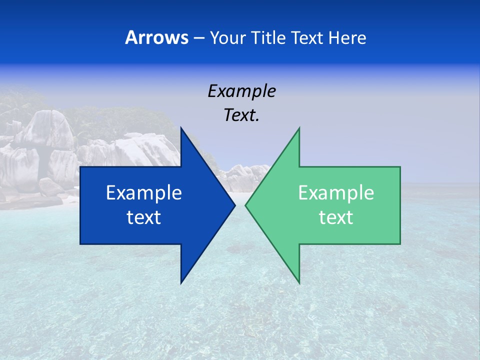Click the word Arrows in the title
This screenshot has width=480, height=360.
pyautogui.click(x=156, y=37)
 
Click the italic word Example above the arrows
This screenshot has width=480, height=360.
pyautogui.click(x=241, y=91)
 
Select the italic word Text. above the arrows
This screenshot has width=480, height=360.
pyautogui.click(x=241, y=115)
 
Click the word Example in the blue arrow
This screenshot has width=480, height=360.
pyautogui.click(x=144, y=192)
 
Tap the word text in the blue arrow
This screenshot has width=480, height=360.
pyautogui.click(x=144, y=217)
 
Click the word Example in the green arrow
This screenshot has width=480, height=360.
pyautogui.click(x=336, y=192)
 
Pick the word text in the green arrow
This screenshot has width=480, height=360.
pyautogui.click(x=336, y=217)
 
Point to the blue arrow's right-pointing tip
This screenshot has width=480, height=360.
pyautogui.click(x=234, y=205)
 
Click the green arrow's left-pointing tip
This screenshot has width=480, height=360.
pyautogui.click(x=245, y=205)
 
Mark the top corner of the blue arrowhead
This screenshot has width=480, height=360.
pyautogui.click(x=181, y=128)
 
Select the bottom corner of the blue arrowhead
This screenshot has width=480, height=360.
pyautogui.click(x=181, y=283)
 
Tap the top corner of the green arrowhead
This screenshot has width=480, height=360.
pyautogui.click(x=299, y=128)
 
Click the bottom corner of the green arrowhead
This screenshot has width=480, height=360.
pyautogui.click(x=299, y=283)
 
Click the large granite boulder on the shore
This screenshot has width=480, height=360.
pyautogui.click(x=47, y=130)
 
